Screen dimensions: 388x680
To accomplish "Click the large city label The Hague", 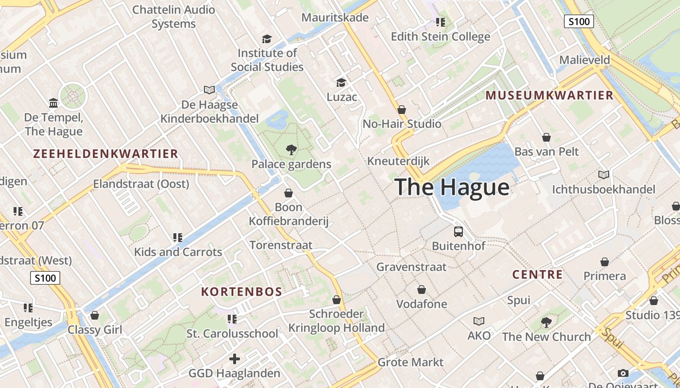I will [x=452, y=187].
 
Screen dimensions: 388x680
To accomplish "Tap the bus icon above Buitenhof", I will [x=458, y=231].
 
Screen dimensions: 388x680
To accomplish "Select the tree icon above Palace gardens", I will [x=291, y=150].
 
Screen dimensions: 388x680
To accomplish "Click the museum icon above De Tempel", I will [x=53, y=103].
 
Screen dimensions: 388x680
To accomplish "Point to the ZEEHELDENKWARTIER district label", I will [x=105, y=154].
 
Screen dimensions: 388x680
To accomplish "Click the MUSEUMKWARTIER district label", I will [x=549, y=96].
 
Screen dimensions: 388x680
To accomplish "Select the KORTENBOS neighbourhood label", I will [x=241, y=292].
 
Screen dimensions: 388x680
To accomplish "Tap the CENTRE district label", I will [x=537, y=275].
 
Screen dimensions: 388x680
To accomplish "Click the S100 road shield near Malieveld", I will [x=579, y=21].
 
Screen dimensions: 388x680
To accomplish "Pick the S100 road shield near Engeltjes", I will [x=45, y=278].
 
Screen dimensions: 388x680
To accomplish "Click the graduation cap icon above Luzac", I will [x=341, y=82].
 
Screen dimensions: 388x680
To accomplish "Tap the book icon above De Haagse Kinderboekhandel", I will [x=209, y=90].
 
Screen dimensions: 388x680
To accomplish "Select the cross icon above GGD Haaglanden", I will [x=235, y=359].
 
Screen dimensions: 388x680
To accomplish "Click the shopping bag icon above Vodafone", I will [x=421, y=290].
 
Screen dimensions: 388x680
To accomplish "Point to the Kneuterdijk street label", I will [x=398, y=161].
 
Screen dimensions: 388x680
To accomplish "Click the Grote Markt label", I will [x=410, y=362].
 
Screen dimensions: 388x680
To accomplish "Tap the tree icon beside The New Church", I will [x=546, y=322].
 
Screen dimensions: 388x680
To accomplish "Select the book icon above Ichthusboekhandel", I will [x=603, y=175].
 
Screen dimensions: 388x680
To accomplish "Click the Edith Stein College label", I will [x=441, y=37].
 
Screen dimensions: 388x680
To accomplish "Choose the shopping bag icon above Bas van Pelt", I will [x=546, y=137].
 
